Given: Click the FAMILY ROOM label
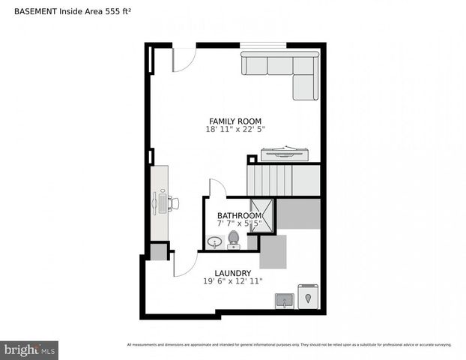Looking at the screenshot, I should pyautogui.click(x=235, y=121).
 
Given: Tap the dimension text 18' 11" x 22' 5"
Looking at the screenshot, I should pyautogui.click(x=235, y=129).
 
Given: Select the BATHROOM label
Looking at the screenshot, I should pyautogui.click(x=240, y=215).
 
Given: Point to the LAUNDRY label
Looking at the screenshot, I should pyautogui.click(x=232, y=273).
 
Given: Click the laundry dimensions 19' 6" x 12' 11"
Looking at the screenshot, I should pyautogui.click(x=232, y=281).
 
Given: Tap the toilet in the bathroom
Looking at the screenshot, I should pyautogui.click(x=233, y=239).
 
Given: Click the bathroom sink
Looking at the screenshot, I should pyautogui.click(x=215, y=242).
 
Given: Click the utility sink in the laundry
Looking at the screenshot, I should pyautogui.click(x=284, y=301).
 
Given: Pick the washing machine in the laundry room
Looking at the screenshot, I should pyautogui.click(x=308, y=297).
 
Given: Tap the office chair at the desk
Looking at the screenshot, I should pyautogui.click(x=172, y=202).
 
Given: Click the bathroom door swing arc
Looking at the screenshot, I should pyautogui.click(x=217, y=187).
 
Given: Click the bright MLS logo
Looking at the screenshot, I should pyautogui.click(x=29, y=349).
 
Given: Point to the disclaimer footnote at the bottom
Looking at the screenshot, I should pyautogui.click(x=289, y=345).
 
